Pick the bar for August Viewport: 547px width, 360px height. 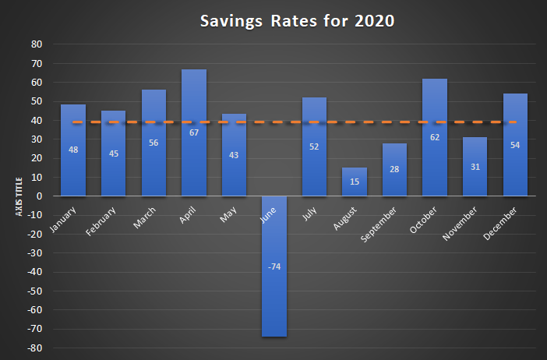click(355, 187)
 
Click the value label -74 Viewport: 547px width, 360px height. click(274, 266)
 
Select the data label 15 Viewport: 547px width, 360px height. click(355, 182)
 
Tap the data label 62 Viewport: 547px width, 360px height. click(435, 137)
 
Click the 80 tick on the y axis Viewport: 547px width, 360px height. click(36, 44)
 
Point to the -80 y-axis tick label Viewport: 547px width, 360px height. click(34, 348)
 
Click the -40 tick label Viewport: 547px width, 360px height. click(34, 272)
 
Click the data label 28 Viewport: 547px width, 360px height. click(394, 169)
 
